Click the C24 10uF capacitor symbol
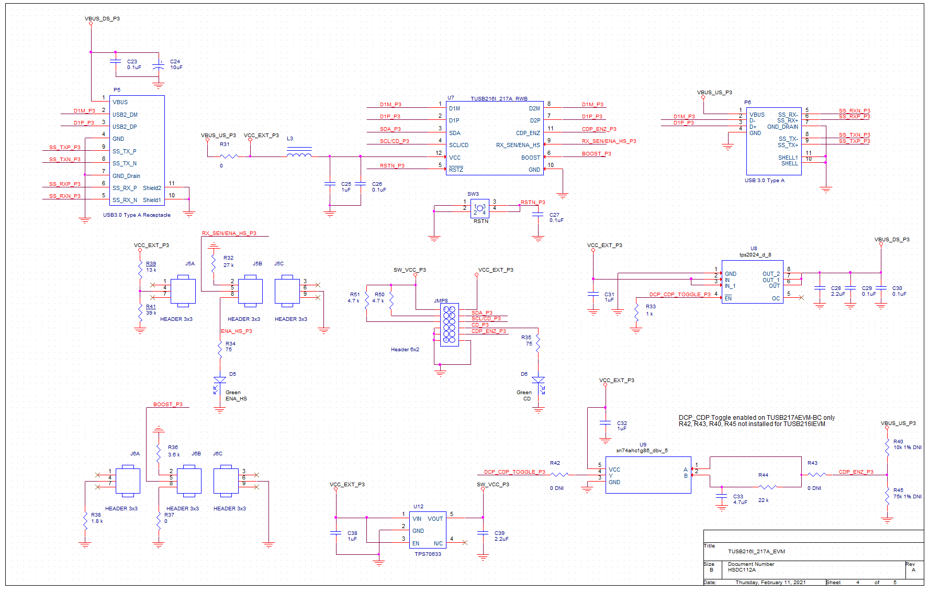coord(158,67)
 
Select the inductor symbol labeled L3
coord(299,153)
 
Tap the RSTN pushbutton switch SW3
coord(479,208)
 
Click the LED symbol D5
coord(220,381)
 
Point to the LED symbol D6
coord(538,381)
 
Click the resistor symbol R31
coord(229,156)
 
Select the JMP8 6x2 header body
coord(449,325)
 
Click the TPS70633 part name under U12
coord(428,554)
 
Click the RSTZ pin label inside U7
coord(456,170)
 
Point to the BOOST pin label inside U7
coord(530,158)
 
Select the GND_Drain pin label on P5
coord(126,176)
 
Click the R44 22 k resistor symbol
coord(767,487)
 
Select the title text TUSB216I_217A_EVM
coord(756,551)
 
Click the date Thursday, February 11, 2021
coord(770,582)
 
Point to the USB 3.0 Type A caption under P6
coord(764,181)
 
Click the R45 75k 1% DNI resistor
coord(887,496)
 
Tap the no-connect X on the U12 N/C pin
coord(465,542)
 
